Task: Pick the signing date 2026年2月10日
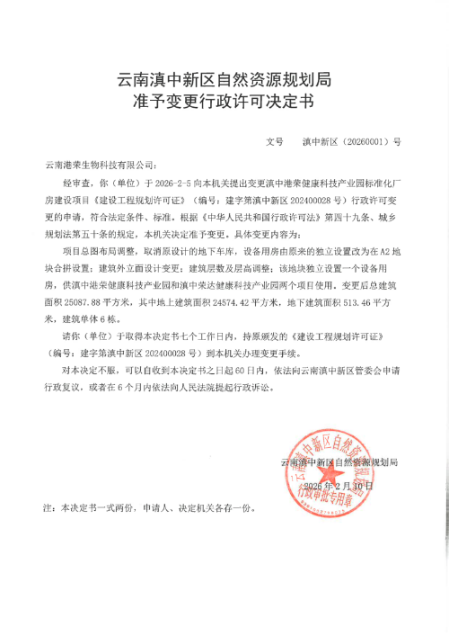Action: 337,486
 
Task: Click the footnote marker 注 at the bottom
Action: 48,508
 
